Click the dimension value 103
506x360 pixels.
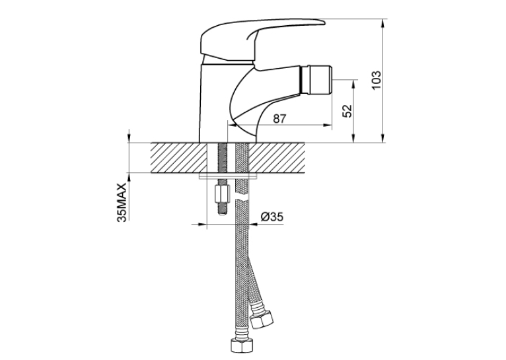tap(377, 80)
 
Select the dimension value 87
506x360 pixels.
tap(279, 119)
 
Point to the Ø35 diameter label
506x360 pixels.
tap(271, 217)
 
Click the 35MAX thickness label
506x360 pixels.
tap(122, 203)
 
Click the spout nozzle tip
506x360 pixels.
tap(316, 79)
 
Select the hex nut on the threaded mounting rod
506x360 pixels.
tap(222, 194)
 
